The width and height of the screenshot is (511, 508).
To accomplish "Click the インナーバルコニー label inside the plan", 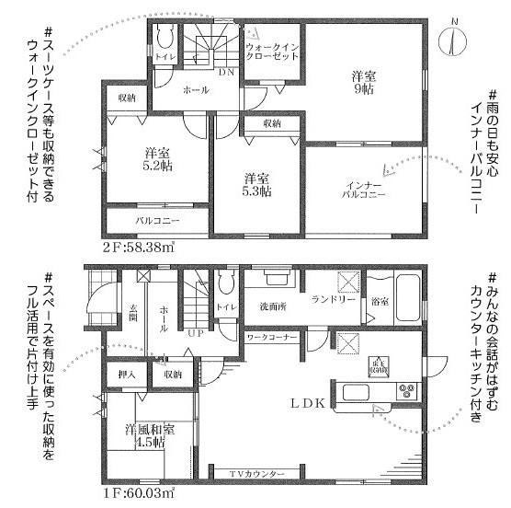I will (363, 189).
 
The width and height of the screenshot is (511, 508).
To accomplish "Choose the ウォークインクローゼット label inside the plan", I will (273, 52).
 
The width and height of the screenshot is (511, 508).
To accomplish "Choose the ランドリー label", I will (332, 300).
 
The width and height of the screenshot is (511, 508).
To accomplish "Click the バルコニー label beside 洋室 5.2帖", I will (157, 222).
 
